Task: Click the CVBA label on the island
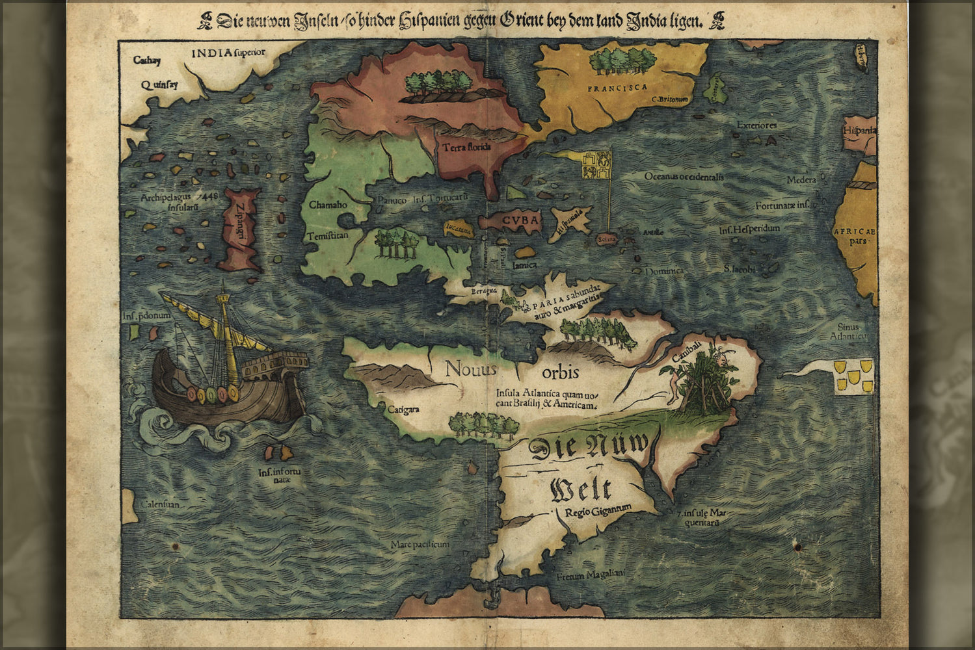coord(520,220)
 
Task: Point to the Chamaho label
coord(328,205)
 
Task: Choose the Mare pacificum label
coord(420,544)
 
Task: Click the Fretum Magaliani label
coord(590,576)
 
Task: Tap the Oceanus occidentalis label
coord(684,176)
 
